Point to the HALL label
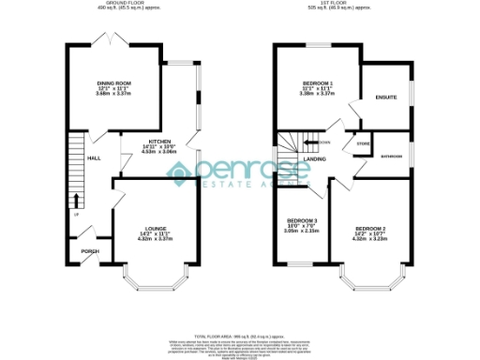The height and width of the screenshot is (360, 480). coord(94,158)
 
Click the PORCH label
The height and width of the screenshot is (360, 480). coord(90,251)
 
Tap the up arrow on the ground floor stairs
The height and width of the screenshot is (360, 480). coord(76,200)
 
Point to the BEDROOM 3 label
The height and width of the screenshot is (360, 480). coord(303,220)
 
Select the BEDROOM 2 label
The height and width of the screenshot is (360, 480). coord(370,229)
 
